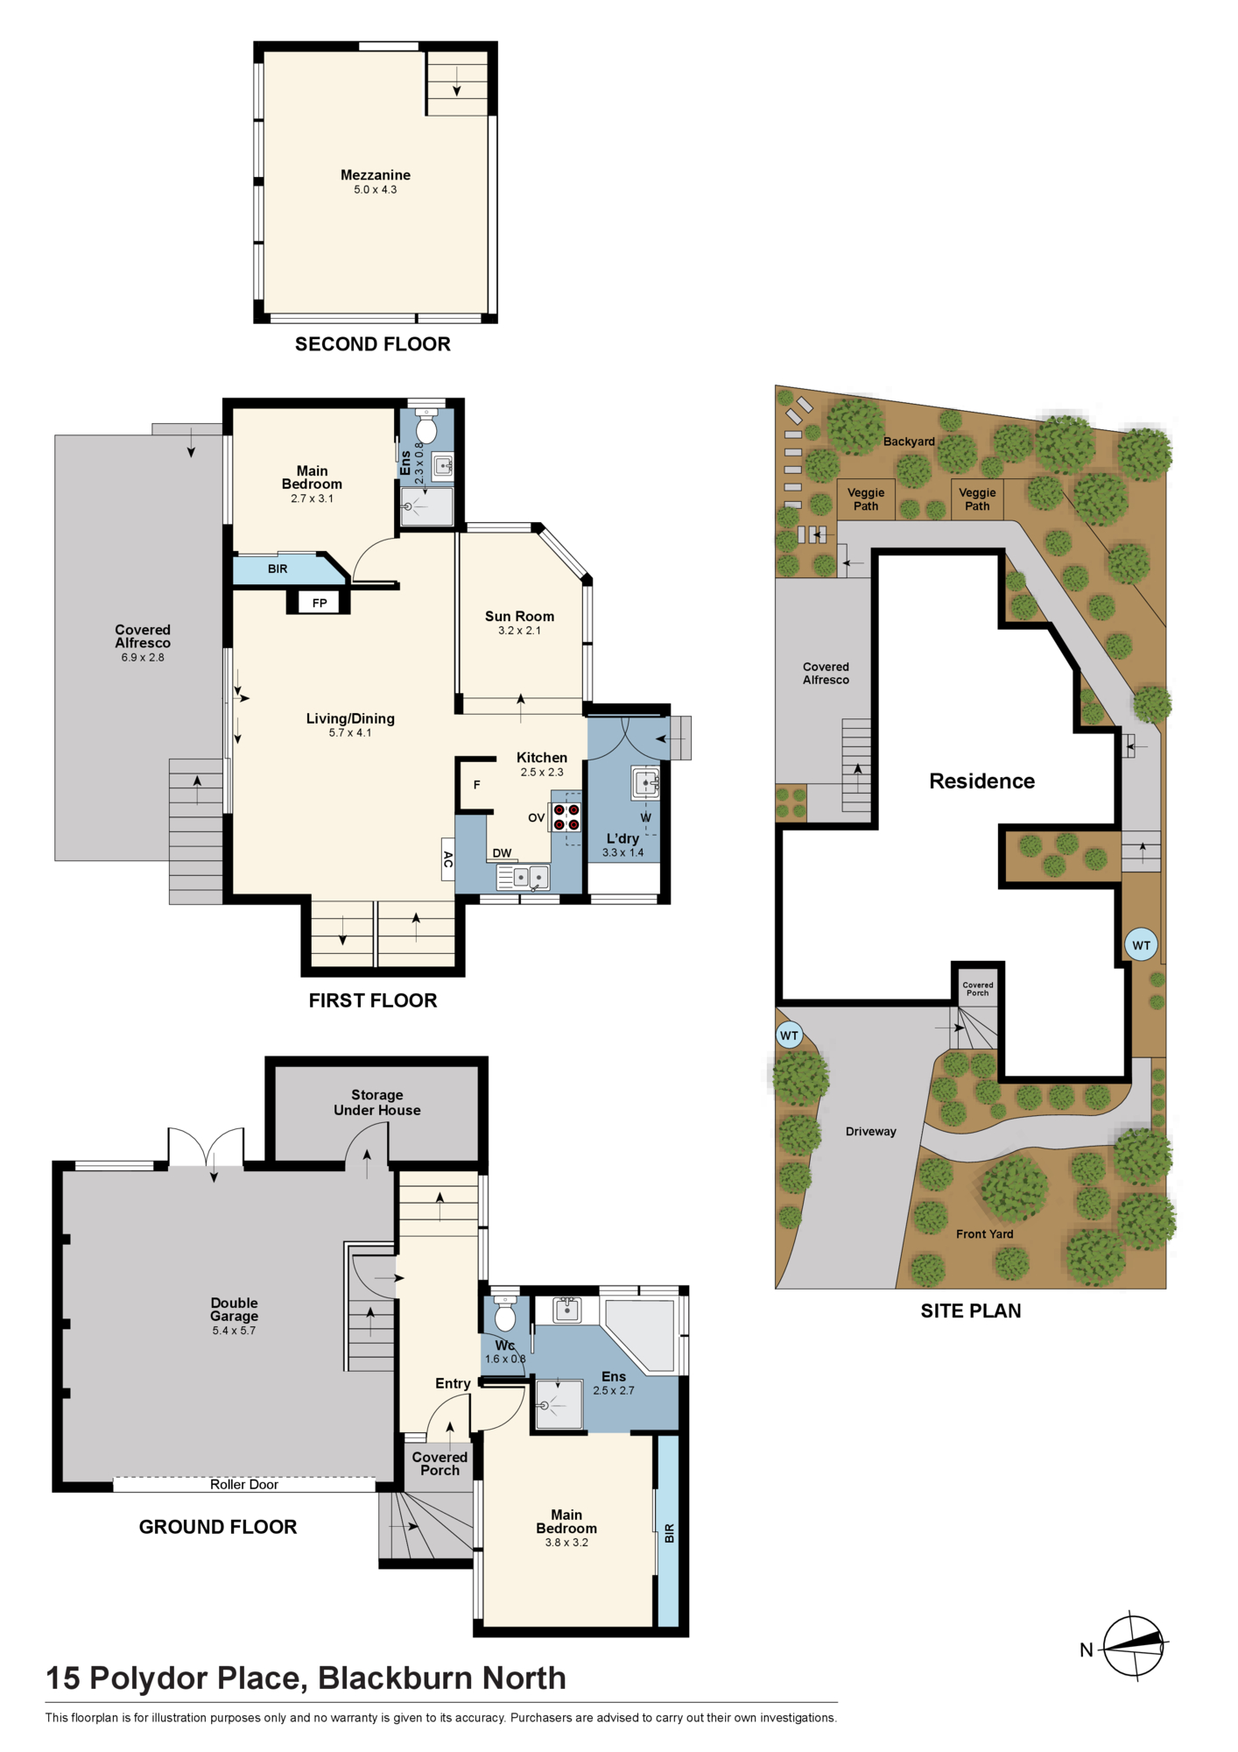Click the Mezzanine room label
pyautogui.click(x=376, y=175)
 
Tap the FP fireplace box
pyautogui.click(x=320, y=603)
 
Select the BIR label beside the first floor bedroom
pyautogui.click(x=278, y=569)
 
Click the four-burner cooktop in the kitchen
pyautogui.click(x=566, y=816)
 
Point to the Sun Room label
pyautogui.click(x=519, y=617)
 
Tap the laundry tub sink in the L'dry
pyautogui.click(x=645, y=782)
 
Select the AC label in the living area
pyautogui.click(x=447, y=859)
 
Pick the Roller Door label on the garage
pyautogui.click(x=244, y=1485)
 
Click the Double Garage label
pyautogui.click(x=235, y=1310)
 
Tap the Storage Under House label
pyautogui.click(x=377, y=1102)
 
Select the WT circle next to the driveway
pyautogui.click(x=790, y=1035)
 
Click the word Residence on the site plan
pyautogui.click(x=981, y=781)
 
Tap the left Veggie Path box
pyautogui.click(x=866, y=499)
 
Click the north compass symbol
pyautogui.click(x=1135, y=1647)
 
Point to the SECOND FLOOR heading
pyautogui.click(x=373, y=344)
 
